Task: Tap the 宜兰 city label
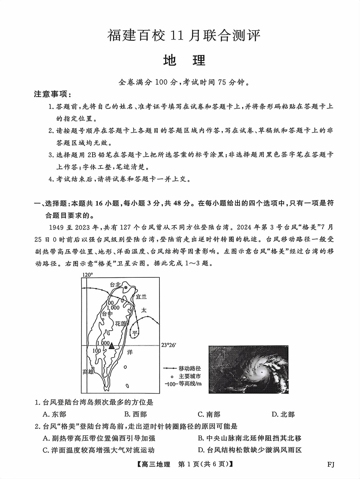pos(141,297)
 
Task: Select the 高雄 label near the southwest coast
pos(88,372)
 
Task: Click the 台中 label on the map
pos(107,314)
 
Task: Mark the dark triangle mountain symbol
pos(111,346)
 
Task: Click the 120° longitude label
pos(88,275)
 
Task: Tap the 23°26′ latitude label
pos(168,345)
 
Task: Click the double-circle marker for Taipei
pos(126,287)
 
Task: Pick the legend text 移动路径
pos(190,368)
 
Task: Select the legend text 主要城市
pos(190,376)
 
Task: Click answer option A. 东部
pos(55,414)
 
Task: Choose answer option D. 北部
pos(283,414)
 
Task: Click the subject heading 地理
pos(184,60)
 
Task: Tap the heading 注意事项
pos(52,94)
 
